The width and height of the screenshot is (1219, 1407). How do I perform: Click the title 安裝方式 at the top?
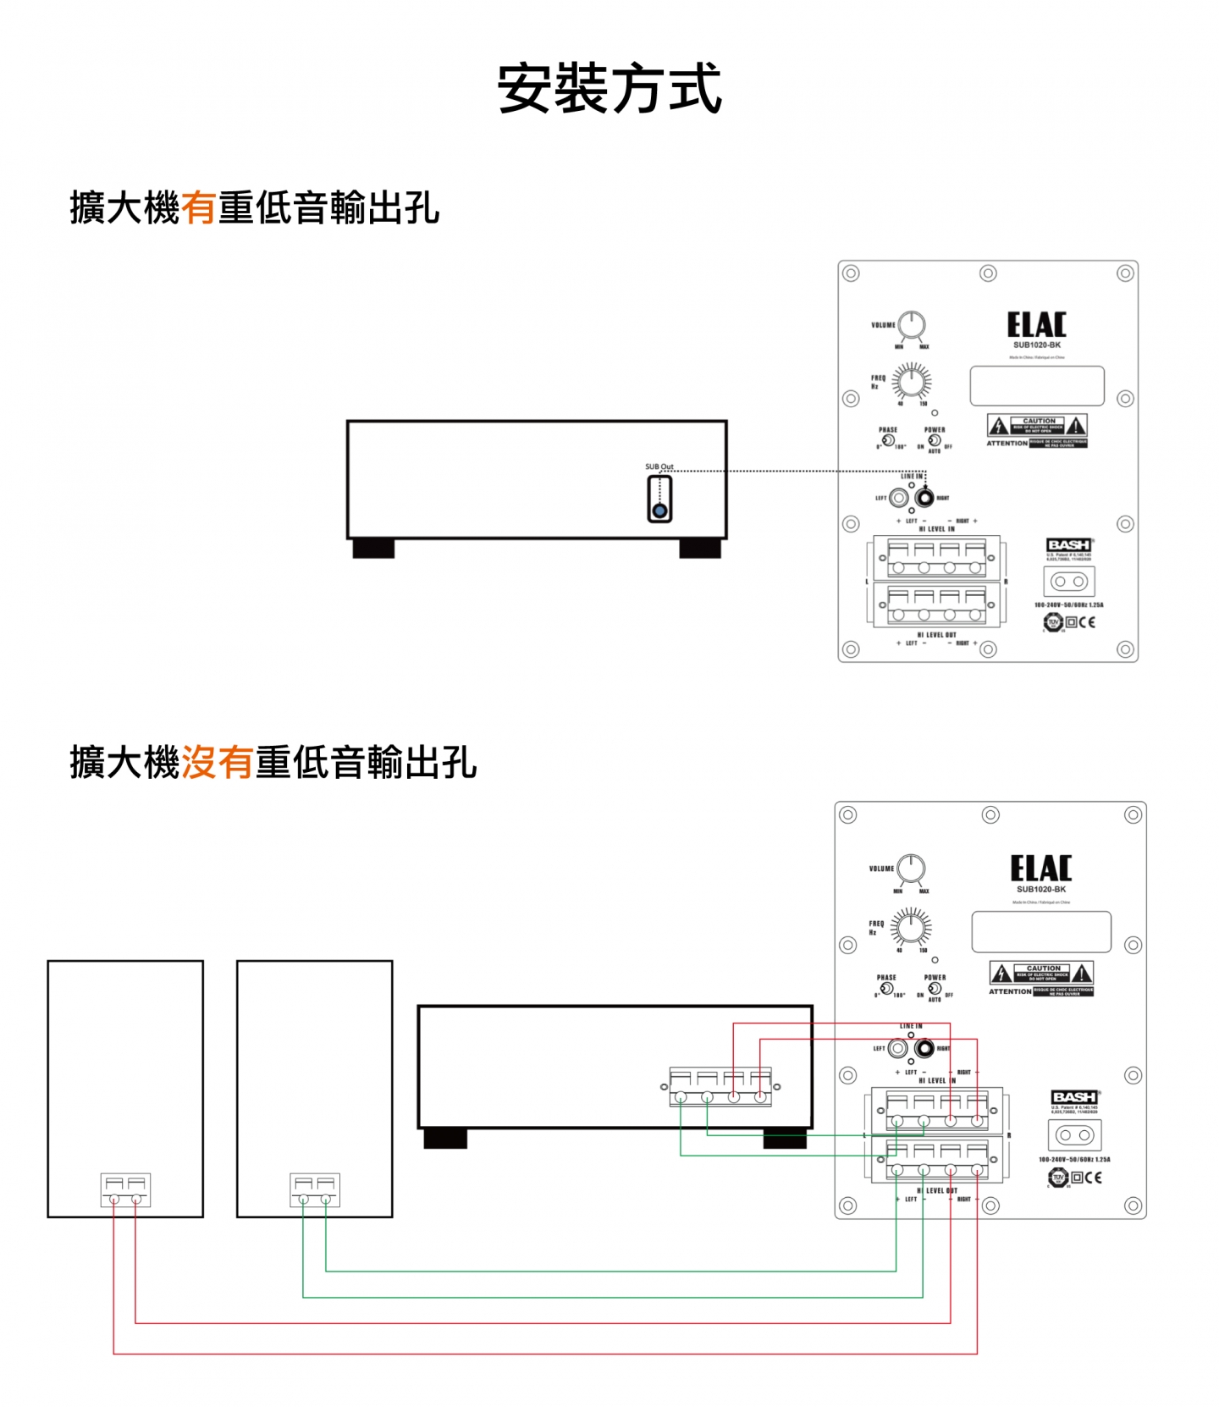609,88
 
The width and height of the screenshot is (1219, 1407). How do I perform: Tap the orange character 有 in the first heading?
199,208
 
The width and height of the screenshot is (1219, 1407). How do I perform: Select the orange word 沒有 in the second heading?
217,762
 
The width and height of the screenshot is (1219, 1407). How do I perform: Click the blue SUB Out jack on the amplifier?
659,510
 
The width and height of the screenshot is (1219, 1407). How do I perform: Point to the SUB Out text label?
659,466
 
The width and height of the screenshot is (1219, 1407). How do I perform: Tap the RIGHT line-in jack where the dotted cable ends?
924,498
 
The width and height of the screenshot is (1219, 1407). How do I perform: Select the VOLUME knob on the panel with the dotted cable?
912,324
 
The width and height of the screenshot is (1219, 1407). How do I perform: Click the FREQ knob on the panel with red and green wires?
911,928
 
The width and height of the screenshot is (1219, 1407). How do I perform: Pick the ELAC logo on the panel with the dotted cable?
1036,325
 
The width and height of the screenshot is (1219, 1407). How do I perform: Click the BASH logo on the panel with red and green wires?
1074,1097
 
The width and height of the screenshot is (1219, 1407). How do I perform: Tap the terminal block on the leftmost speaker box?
125,1189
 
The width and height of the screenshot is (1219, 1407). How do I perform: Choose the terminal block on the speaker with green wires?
314,1189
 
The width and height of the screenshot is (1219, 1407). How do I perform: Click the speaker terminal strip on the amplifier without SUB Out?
720,1087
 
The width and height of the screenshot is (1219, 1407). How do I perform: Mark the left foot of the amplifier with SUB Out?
373,549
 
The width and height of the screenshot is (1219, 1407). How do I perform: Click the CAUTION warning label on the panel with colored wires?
1042,974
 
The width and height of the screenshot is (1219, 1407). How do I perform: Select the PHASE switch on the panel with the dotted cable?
888,440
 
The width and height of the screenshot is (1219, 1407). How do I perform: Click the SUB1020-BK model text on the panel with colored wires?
1041,889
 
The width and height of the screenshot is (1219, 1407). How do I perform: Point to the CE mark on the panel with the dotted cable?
1087,622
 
